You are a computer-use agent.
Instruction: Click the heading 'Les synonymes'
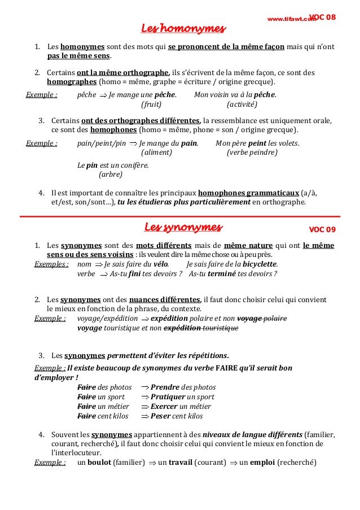click(x=183, y=227)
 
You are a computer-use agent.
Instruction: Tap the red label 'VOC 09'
click(x=322, y=229)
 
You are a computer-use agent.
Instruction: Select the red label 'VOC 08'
click(x=323, y=18)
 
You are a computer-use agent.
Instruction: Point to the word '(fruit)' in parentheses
click(x=151, y=104)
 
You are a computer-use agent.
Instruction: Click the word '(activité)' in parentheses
click(x=242, y=104)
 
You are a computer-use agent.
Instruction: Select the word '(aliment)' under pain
click(x=156, y=152)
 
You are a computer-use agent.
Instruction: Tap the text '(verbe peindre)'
click(x=252, y=152)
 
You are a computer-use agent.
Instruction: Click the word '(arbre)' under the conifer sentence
click(x=110, y=175)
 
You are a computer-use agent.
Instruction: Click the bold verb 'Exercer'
click(x=164, y=407)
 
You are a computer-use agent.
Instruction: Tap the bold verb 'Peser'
click(x=161, y=416)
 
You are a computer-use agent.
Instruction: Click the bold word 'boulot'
click(x=99, y=463)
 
